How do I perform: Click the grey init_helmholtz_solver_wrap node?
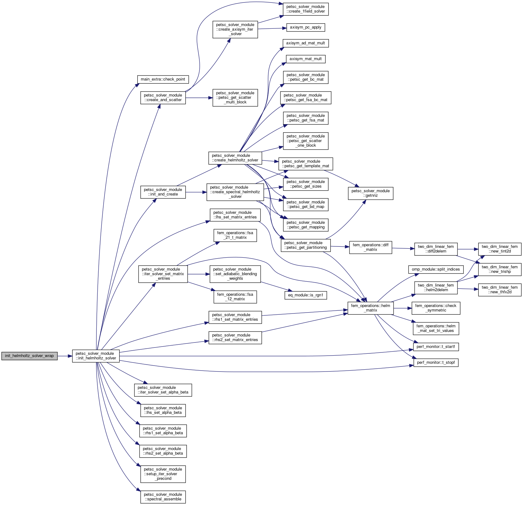[29, 356]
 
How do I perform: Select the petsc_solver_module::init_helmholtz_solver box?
[96, 356]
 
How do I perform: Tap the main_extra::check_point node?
[163, 79]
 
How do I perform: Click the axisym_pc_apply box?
[305, 27]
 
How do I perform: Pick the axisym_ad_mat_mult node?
[305, 43]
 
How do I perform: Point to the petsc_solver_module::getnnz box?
[370, 193]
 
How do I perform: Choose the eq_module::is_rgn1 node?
[305, 295]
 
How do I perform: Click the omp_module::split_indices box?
[436, 269]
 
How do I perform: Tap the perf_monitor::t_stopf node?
[436, 363]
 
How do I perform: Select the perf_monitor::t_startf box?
[436, 347]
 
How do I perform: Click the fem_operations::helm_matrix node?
[370, 308]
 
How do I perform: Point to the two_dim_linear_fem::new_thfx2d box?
[500, 290]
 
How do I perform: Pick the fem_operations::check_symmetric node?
[436, 308]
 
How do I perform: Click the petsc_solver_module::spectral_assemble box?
[163, 497]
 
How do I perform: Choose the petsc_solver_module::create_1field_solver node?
[305, 9]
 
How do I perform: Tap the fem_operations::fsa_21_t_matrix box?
[235, 235]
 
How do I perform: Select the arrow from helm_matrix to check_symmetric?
[403, 308]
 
